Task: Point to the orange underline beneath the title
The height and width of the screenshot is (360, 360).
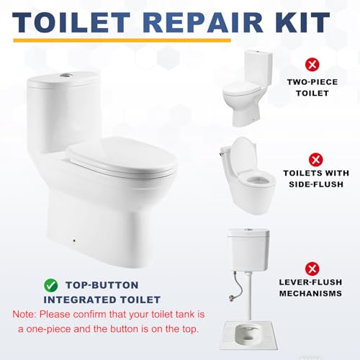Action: pos(122,40)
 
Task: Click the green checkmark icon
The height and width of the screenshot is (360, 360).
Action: pos(51,285)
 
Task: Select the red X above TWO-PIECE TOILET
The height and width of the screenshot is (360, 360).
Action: pos(312,65)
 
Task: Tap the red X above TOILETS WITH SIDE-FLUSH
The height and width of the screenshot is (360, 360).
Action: pos(315,160)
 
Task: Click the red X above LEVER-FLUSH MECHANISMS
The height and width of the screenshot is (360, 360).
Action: pos(312,269)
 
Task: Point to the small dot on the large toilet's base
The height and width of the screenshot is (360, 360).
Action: pos(75,240)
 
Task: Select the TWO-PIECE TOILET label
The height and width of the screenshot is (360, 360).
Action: pos(312,88)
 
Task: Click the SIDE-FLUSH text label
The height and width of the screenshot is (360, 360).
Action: pos(316,184)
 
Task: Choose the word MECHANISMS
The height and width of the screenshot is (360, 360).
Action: pos(310,293)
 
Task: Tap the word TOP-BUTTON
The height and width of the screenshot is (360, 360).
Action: pos(102,285)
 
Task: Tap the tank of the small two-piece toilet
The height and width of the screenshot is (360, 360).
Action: pos(258,68)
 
